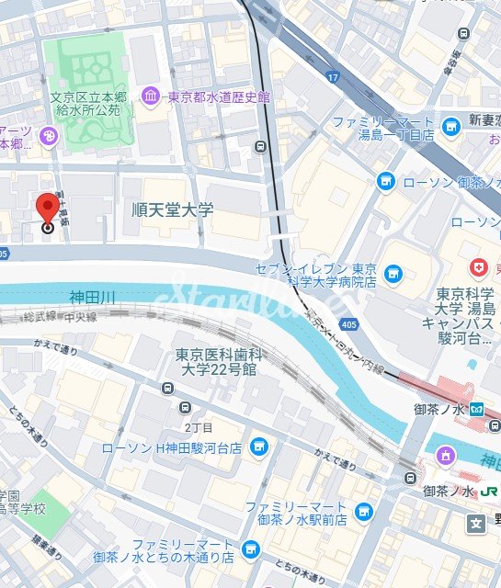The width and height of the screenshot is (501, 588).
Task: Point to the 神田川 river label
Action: [92, 297]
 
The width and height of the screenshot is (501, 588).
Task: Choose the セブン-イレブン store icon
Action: [393, 273]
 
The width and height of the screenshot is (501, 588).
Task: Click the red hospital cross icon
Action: [478, 268]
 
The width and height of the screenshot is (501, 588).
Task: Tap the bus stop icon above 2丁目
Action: [188, 408]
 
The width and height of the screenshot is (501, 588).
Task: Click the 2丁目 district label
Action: [198, 427]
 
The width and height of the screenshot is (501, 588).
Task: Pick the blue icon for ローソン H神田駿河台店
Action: [260, 447]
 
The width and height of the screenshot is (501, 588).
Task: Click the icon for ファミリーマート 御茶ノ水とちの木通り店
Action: [254, 549]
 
